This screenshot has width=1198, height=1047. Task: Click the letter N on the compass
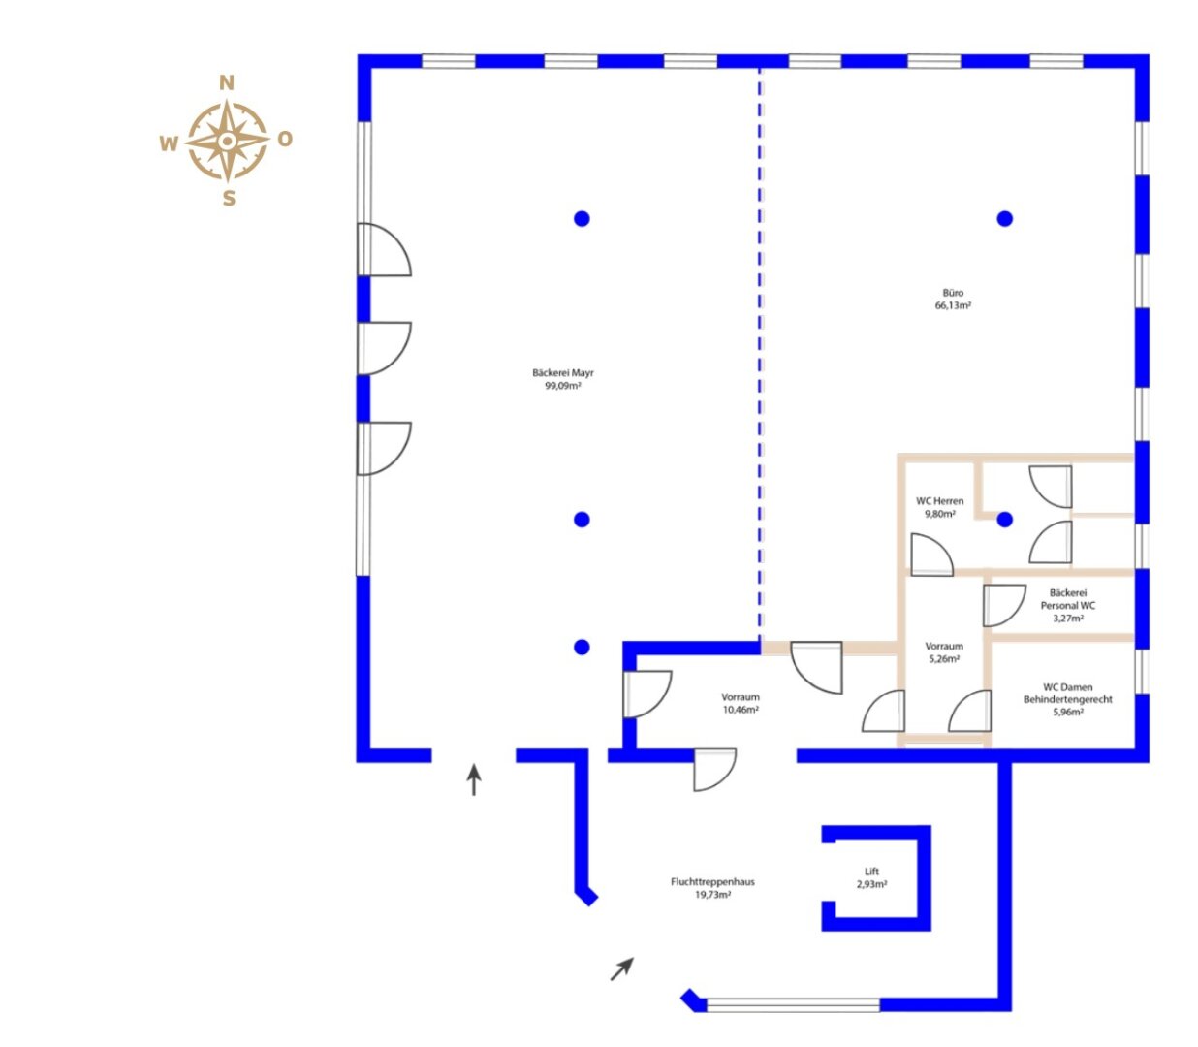click(227, 83)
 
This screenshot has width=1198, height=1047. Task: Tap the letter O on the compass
click(285, 140)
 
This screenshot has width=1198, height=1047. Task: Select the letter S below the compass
click(229, 199)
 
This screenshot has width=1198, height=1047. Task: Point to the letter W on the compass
click(169, 144)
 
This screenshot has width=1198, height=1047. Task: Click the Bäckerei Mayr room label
click(563, 379)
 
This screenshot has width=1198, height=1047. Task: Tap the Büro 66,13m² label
click(953, 299)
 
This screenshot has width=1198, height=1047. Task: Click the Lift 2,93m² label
click(871, 877)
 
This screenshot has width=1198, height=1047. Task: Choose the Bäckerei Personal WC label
click(1067, 606)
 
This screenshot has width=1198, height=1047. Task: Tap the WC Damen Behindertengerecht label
click(1067, 699)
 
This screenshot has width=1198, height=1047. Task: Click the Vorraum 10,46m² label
click(741, 703)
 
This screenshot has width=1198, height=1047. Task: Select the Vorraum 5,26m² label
click(944, 652)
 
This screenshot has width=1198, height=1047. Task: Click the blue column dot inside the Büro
click(1005, 219)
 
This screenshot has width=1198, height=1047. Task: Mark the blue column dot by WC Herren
click(1005, 520)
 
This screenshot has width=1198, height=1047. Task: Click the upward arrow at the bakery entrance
click(474, 779)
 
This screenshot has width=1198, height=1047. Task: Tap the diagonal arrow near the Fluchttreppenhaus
click(622, 969)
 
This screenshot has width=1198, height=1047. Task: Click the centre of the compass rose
click(227, 141)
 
